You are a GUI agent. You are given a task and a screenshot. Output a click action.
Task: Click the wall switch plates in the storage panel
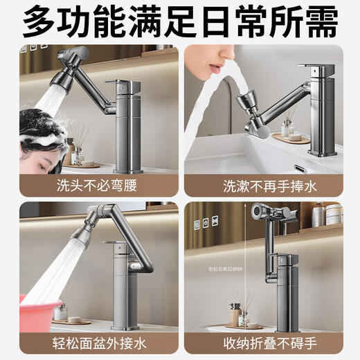(206, 224)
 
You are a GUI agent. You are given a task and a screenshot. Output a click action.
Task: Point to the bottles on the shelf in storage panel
(325, 214)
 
